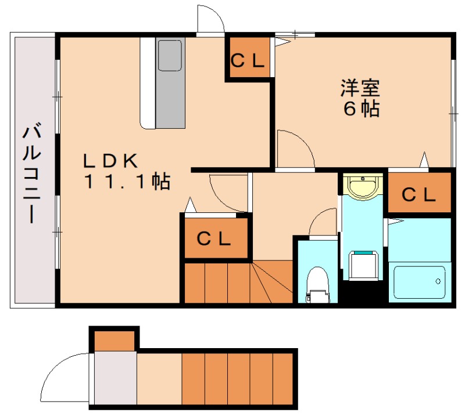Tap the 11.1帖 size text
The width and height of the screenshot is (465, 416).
click(x=127, y=182)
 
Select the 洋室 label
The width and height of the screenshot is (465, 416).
click(x=360, y=89)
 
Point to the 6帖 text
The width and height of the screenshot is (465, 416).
click(x=361, y=108)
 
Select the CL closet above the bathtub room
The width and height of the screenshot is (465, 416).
click(x=419, y=194)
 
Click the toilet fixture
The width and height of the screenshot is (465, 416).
click(x=317, y=284)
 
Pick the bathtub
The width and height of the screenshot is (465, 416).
click(x=419, y=282)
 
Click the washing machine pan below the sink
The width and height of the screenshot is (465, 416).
click(x=363, y=265)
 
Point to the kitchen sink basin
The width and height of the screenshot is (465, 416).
click(x=170, y=55)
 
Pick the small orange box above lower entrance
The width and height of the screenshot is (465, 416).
click(x=114, y=340)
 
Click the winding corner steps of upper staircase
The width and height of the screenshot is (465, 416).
click(x=273, y=281)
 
